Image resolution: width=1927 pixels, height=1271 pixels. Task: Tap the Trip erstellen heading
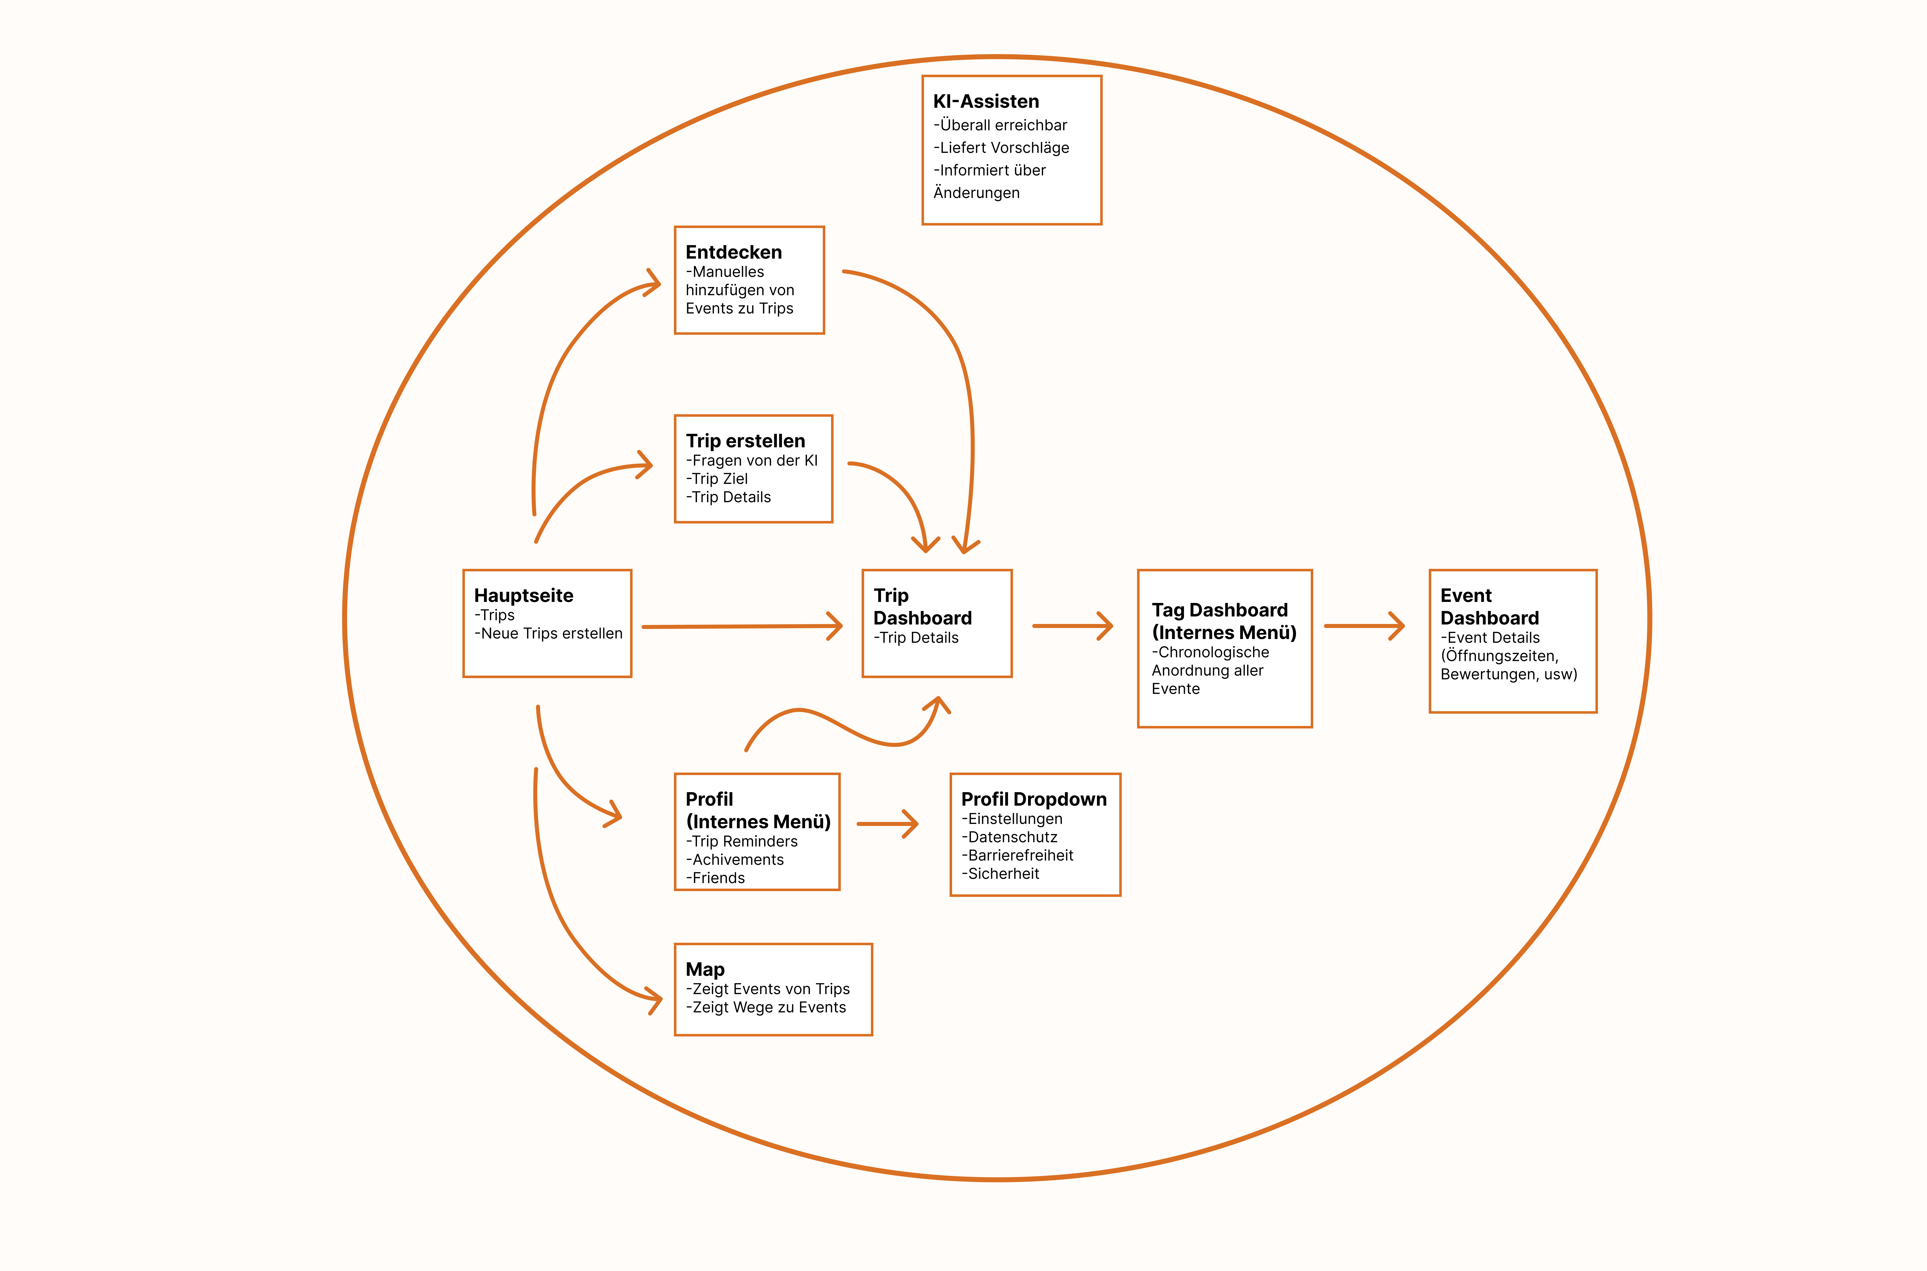click(745, 441)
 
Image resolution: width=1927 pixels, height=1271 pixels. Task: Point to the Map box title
click(704, 970)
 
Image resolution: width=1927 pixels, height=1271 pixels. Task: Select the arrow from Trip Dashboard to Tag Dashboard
click(1072, 626)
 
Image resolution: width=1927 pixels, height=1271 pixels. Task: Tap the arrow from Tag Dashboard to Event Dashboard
click(1364, 626)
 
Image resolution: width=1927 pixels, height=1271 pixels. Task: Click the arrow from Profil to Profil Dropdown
click(887, 823)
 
